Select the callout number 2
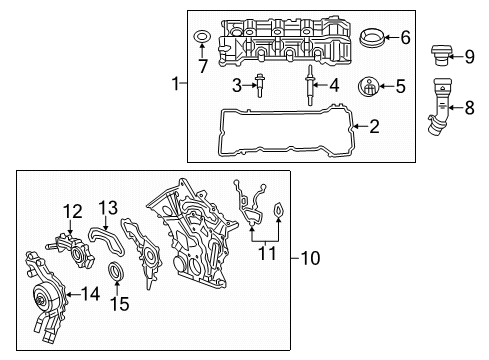tap(374, 126)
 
